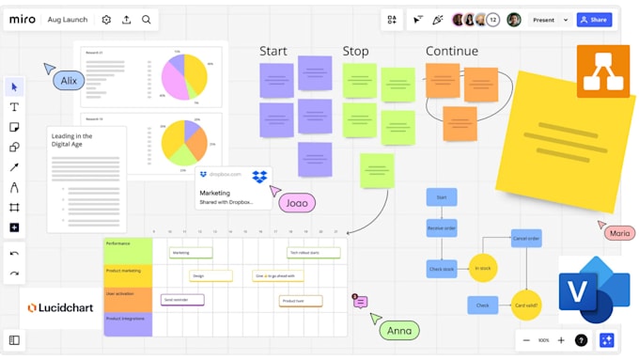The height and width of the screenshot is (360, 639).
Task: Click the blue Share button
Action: (594, 20)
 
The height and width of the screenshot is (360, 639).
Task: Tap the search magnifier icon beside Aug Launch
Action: (147, 20)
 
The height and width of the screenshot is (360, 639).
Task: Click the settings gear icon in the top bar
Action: (106, 20)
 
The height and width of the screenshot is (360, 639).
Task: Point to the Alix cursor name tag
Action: (70, 81)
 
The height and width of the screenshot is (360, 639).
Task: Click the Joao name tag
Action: (297, 202)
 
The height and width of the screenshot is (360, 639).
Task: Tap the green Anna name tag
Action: (400, 330)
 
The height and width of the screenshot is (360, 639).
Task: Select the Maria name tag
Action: (619, 233)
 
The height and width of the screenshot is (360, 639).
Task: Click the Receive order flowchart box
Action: (442, 227)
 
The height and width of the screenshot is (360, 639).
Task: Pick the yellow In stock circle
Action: (483, 268)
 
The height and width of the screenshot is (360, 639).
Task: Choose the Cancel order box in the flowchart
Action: (526, 239)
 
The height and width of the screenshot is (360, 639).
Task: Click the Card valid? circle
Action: (526, 305)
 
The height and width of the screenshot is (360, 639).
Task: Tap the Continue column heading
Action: (452, 52)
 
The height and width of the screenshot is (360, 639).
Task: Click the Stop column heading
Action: (356, 52)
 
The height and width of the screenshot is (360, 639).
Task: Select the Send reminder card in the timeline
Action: (182, 300)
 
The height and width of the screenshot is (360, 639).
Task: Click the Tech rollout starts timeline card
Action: (314, 253)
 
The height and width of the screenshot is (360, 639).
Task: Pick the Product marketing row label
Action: (128, 275)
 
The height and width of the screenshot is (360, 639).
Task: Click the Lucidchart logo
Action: (61, 307)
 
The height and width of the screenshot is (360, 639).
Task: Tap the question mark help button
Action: (582, 340)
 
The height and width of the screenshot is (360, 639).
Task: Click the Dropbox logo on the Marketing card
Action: (259, 176)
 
